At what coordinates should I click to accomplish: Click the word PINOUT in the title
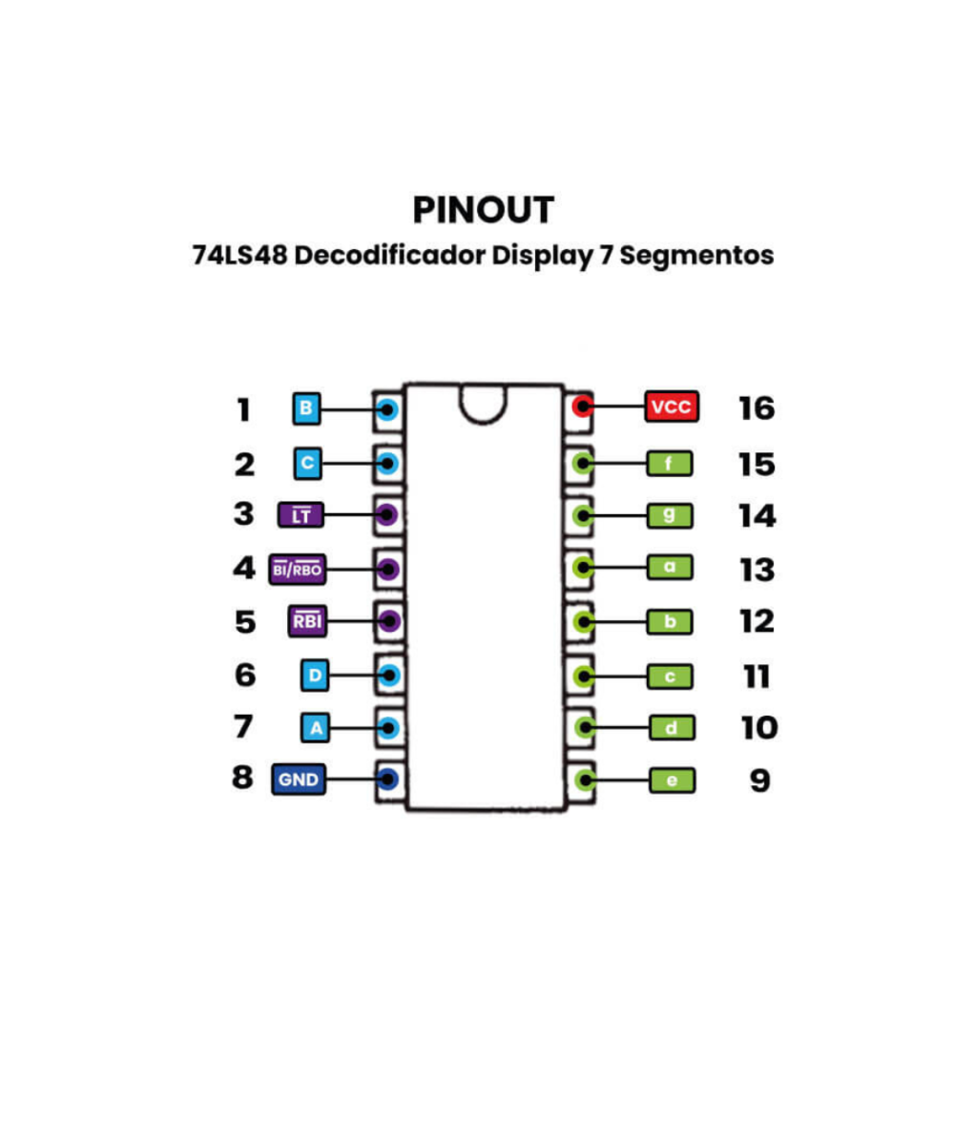484,210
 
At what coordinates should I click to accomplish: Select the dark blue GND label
299,780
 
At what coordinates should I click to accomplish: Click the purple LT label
301,516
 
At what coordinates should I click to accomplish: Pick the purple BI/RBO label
299,570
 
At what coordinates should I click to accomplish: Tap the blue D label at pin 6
315,677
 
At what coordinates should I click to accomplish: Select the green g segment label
670,516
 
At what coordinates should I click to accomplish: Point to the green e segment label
673,781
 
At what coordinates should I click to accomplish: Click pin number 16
757,408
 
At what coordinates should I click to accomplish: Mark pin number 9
758,781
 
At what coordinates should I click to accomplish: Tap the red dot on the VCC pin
580,408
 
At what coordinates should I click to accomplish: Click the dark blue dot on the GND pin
388,780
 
